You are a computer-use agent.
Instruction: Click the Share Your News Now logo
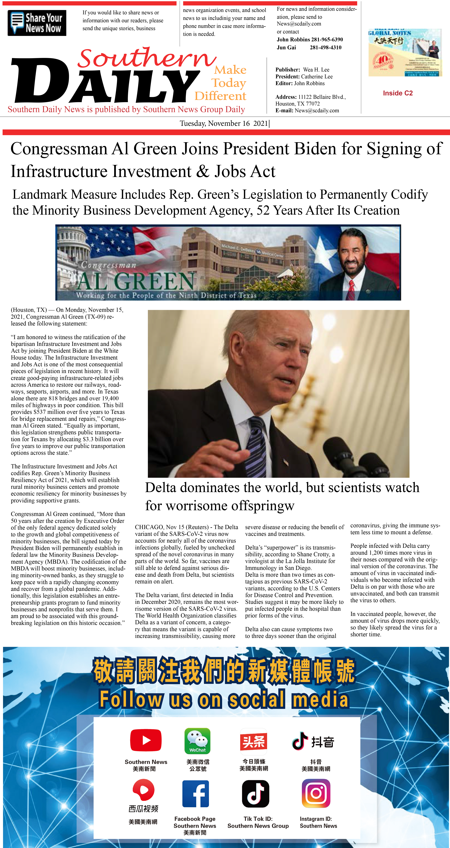click(x=37, y=23)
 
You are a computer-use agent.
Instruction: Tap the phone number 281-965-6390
click(x=327, y=40)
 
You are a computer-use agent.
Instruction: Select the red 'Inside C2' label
click(x=398, y=93)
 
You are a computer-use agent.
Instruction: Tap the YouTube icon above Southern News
click(x=146, y=740)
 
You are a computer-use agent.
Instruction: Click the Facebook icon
click(x=196, y=794)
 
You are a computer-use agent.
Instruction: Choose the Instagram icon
click(x=316, y=793)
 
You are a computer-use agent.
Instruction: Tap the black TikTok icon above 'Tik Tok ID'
click(x=256, y=794)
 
